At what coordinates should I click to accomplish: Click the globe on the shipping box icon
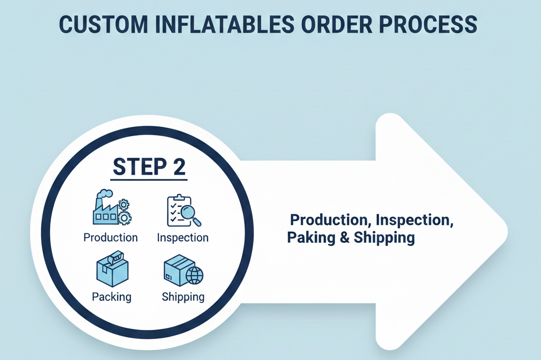point(194,275)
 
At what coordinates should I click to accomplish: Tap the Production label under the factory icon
point(110,238)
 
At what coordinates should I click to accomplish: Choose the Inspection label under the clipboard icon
point(183,238)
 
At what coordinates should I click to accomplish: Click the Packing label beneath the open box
point(111,297)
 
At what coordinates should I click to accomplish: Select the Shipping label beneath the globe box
point(183,297)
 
